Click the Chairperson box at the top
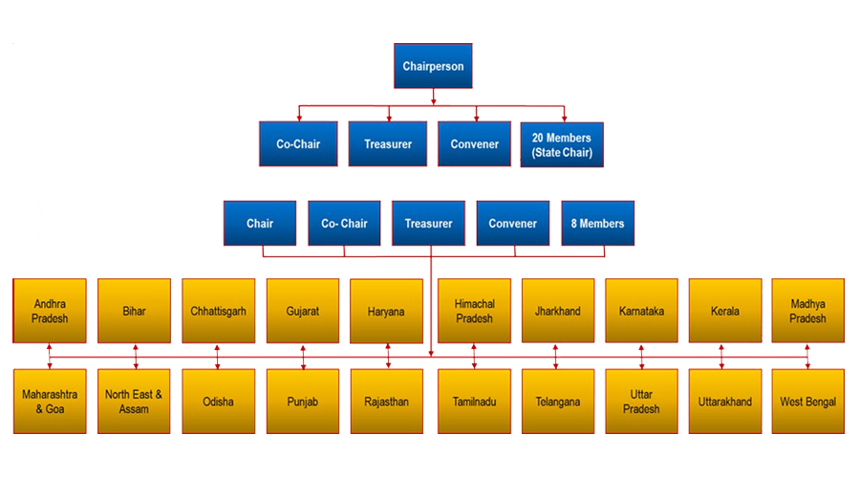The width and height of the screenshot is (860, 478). pyautogui.click(x=433, y=67)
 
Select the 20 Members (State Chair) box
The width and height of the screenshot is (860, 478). pyautogui.click(x=561, y=144)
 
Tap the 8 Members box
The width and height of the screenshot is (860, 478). pyautogui.click(x=597, y=224)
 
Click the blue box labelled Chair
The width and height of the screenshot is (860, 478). pyautogui.click(x=260, y=224)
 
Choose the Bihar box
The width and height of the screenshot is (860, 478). pyautogui.click(x=134, y=311)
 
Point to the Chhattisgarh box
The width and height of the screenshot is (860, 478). pyautogui.click(x=218, y=311)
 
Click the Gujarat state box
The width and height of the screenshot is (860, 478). pyautogui.click(x=302, y=311)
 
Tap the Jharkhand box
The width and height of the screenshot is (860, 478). pyautogui.click(x=558, y=311)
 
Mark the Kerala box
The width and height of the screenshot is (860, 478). pyautogui.click(x=725, y=311)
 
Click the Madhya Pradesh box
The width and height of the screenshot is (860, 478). pyautogui.click(x=808, y=311)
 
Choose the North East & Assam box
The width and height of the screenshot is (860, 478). pyautogui.click(x=134, y=402)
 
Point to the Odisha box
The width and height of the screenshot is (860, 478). pyautogui.click(x=218, y=402)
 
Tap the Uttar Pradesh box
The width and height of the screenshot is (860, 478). pyautogui.click(x=641, y=402)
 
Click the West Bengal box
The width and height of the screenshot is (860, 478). pyautogui.click(x=808, y=402)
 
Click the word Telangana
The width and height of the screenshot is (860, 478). pyautogui.click(x=558, y=402)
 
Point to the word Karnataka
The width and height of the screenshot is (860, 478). pyautogui.click(x=641, y=312)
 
